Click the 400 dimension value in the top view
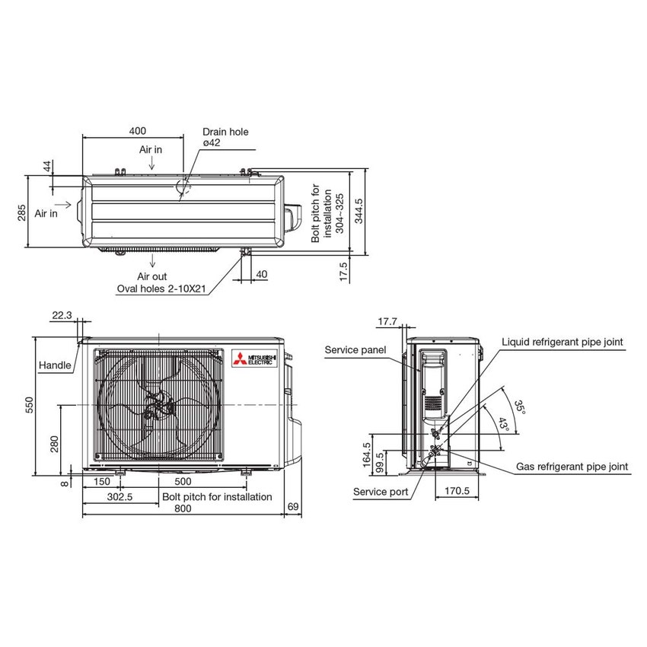(136, 131)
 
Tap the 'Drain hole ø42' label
(225, 137)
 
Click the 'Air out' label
(152, 276)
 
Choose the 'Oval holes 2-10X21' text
(161, 289)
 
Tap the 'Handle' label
(56, 365)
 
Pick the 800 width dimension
(182, 509)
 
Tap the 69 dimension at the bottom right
(294, 507)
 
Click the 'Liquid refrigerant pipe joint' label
(562, 343)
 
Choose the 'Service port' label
(381, 492)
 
